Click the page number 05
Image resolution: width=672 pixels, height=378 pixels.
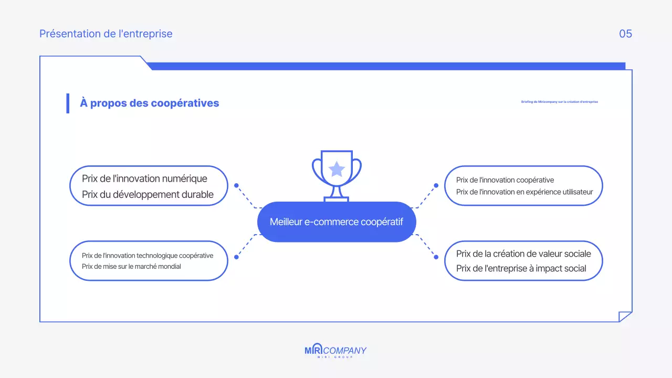(x=625, y=34)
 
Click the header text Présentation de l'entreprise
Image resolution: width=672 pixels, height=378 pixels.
(x=106, y=34)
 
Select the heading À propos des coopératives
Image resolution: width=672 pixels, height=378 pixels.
(x=149, y=103)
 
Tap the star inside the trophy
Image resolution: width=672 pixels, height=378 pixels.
(x=337, y=169)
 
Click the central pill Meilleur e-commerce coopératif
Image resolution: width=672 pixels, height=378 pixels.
(x=337, y=222)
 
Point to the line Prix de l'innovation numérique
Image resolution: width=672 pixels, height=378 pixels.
(x=144, y=179)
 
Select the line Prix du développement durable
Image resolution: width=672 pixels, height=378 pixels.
(x=148, y=195)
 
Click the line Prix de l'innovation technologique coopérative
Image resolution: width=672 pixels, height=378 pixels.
(x=148, y=256)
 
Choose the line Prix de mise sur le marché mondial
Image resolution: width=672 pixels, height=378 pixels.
(x=131, y=267)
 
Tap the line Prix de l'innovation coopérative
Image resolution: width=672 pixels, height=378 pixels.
(x=505, y=180)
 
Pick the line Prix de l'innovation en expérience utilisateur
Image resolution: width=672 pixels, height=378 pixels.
(x=524, y=192)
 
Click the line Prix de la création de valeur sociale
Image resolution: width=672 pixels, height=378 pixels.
(x=523, y=254)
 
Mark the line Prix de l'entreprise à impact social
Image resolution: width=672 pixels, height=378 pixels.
(x=521, y=269)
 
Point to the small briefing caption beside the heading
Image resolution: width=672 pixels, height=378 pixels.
(x=559, y=102)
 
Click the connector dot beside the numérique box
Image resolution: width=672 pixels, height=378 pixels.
(x=236, y=185)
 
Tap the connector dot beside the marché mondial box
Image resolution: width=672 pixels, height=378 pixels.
(x=236, y=257)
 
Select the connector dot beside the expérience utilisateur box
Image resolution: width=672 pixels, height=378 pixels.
(x=436, y=185)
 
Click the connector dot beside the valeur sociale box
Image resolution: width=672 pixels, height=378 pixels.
(x=436, y=257)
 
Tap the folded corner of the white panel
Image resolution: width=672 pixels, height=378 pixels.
(x=625, y=316)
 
